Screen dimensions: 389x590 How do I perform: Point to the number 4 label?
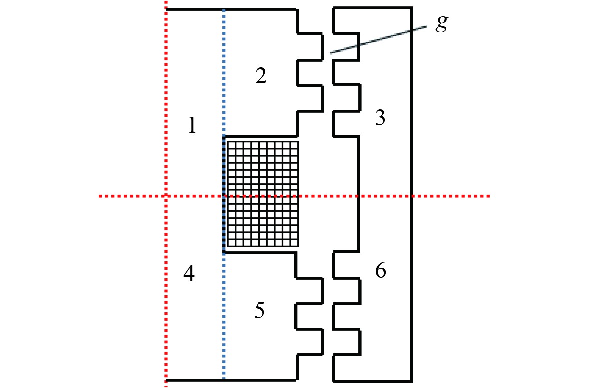point(189,274)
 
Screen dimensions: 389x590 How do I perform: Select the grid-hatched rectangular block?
point(263,194)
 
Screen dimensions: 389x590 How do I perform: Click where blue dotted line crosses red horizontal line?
point(224,196)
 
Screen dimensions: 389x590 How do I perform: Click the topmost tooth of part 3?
point(347,20)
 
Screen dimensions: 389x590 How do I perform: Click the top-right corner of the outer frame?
point(412,8)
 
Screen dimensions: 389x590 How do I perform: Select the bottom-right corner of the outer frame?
point(412,381)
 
